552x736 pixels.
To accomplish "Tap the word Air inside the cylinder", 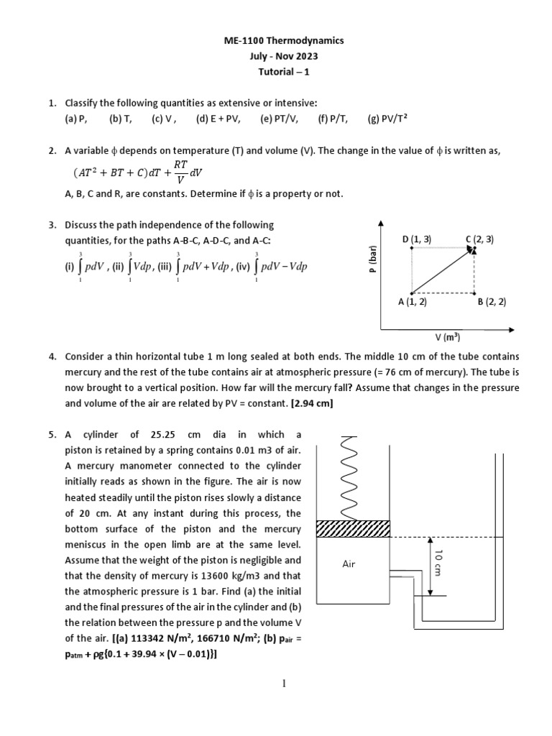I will pos(349,564).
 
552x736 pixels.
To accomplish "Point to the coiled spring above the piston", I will pos(353,475).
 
